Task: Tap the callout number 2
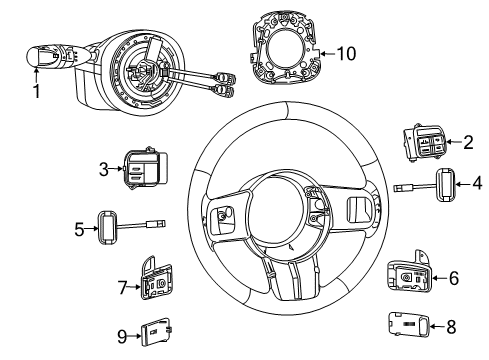(467, 143)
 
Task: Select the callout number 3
(104, 171)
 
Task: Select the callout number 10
(344, 52)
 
